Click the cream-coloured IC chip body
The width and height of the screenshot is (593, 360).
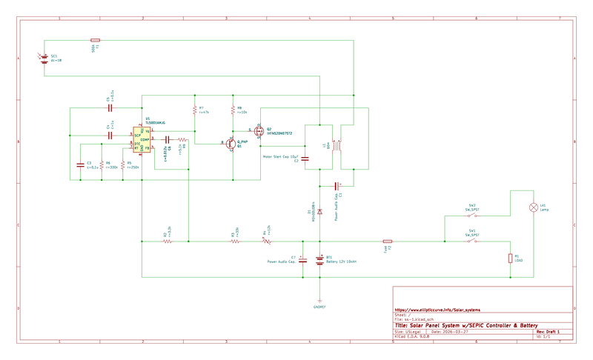coord(142,139)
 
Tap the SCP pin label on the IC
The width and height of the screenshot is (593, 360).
coord(138,136)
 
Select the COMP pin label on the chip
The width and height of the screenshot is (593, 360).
coord(145,139)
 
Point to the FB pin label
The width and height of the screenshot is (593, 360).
coord(147,148)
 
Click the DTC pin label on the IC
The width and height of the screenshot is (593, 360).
coord(137,143)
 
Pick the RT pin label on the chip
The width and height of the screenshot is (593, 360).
coord(137,148)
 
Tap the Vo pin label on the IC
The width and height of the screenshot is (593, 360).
coord(147,131)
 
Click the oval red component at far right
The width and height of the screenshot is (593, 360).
coord(533,207)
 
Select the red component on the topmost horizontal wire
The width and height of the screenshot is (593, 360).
coord(95,40)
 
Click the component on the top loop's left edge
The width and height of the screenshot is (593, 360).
coord(43,58)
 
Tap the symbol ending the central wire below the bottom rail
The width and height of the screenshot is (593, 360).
coord(319,302)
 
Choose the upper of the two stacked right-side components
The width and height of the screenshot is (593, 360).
coord(472,216)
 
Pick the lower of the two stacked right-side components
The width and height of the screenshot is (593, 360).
coord(472,241)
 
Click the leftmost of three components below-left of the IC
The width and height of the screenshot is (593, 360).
coord(80,165)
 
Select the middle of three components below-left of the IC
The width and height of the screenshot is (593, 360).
coord(102,165)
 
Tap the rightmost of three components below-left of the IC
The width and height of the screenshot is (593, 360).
coord(122,165)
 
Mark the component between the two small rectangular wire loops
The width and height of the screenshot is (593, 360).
coord(337,145)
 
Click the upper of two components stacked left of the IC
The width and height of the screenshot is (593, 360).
coord(110,108)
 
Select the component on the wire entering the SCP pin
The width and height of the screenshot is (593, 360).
coord(110,136)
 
